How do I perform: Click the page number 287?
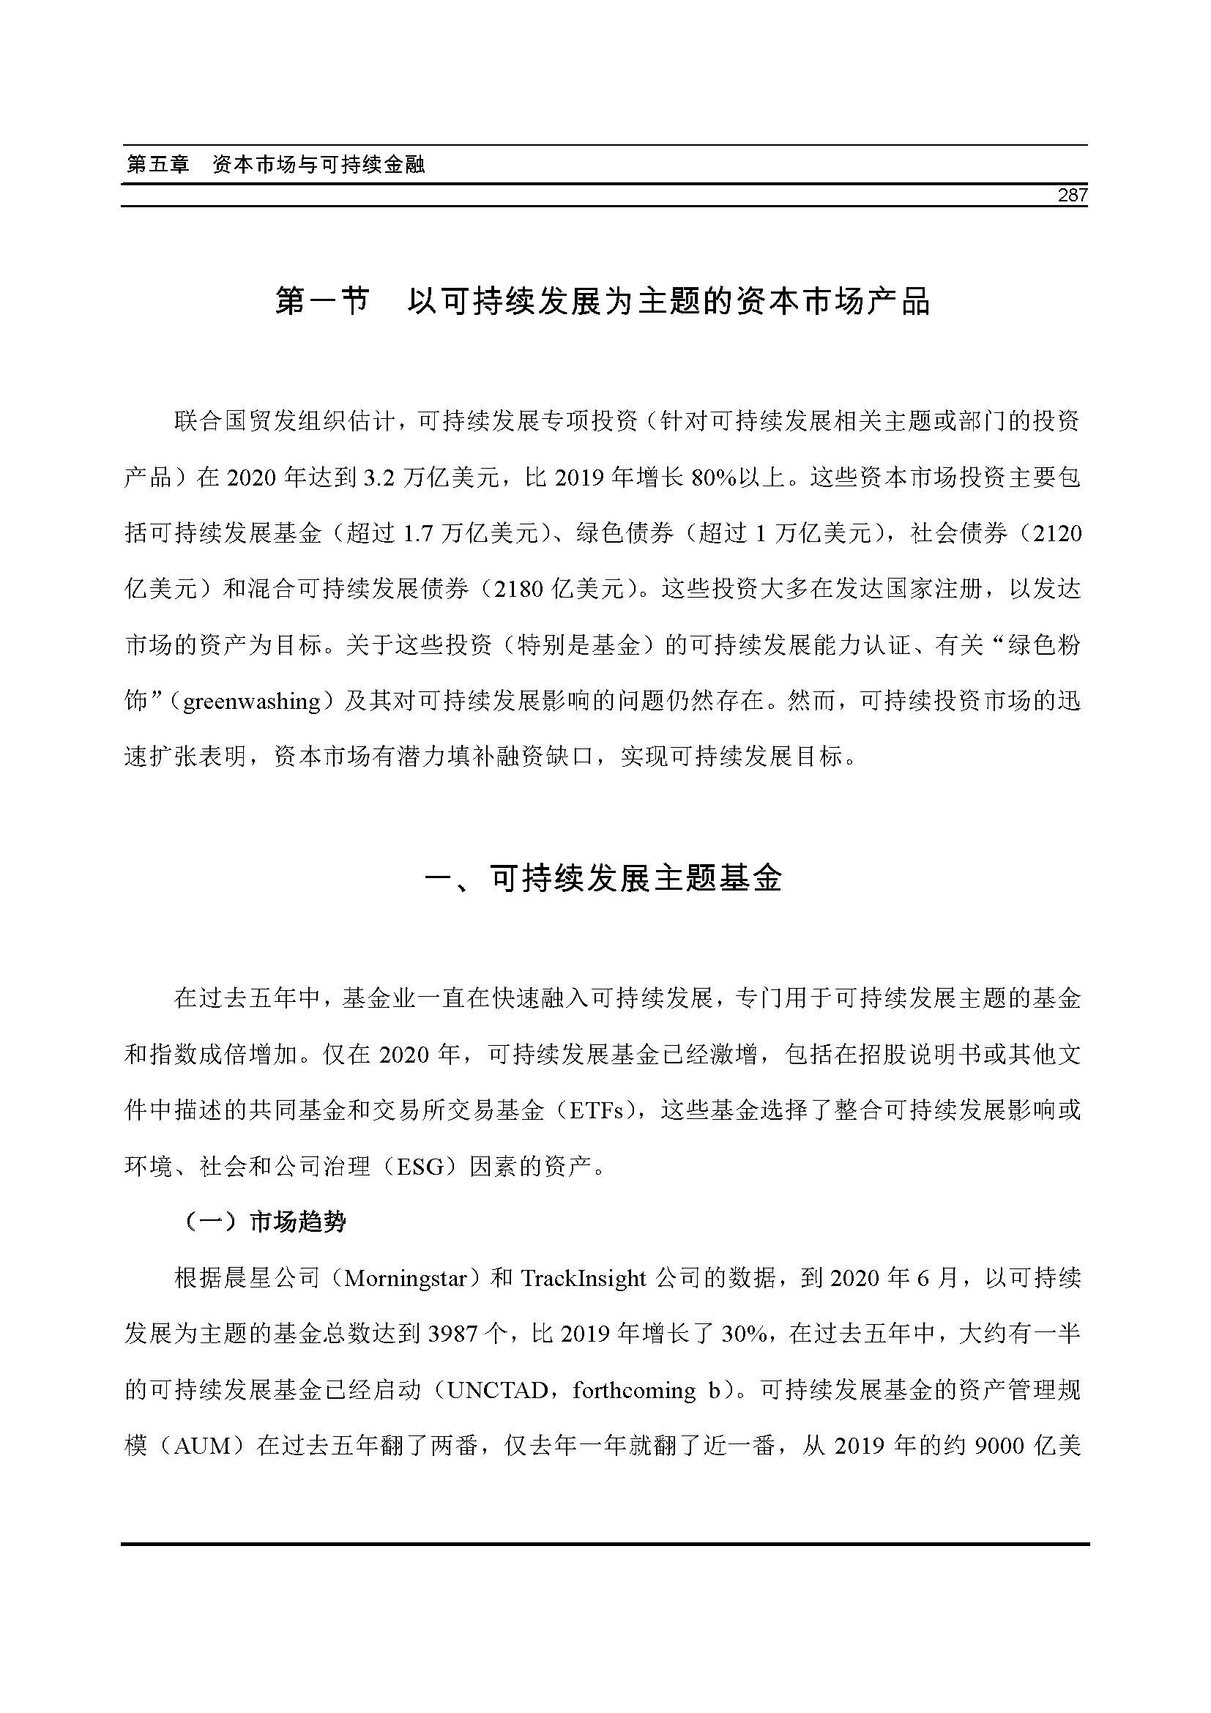1073,196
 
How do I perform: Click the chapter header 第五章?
158,165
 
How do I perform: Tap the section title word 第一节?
322,302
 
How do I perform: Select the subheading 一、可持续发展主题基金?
603,879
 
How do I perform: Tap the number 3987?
453,1335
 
